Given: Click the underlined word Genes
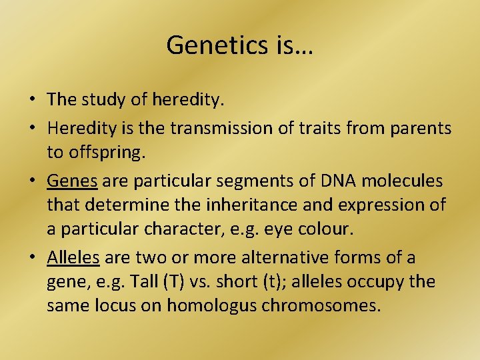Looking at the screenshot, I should click(73, 181).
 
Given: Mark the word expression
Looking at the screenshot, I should click(371, 205).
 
